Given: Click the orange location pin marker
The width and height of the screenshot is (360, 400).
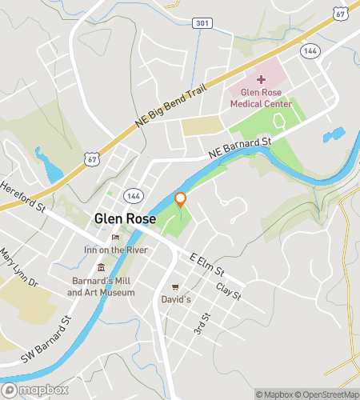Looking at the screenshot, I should tap(181, 200).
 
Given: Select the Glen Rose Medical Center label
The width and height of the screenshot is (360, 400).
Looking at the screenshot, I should tap(261, 98).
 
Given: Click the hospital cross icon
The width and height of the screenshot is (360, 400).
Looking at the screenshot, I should tap(260, 78).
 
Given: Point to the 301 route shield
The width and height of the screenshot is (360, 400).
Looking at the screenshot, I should tap(202, 23).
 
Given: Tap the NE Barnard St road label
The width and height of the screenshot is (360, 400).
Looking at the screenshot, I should tap(241, 144).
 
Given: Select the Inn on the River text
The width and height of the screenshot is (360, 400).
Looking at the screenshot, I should tap(115, 250).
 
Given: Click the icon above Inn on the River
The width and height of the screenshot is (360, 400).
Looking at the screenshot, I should tap(115, 237).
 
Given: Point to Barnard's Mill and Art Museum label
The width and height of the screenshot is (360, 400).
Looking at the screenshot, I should tap(101, 286).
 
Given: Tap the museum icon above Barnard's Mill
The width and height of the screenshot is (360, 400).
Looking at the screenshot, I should tap(101, 269).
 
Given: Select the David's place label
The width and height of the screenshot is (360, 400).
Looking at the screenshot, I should tap(176, 299).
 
